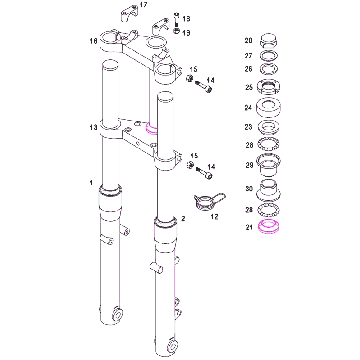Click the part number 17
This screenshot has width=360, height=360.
pyautogui.click(x=143, y=5)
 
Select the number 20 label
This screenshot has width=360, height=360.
pyautogui.click(x=248, y=41)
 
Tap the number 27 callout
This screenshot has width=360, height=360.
pyautogui.click(x=248, y=55)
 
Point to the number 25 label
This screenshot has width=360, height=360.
pyautogui.click(x=248, y=87)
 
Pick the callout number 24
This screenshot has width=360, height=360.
pyautogui.click(x=248, y=108)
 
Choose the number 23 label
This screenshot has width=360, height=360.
pyautogui.click(x=248, y=127)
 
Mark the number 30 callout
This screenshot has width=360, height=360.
pyautogui.click(x=248, y=189)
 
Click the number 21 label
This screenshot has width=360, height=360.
pyautogui.click(x=248, y=228)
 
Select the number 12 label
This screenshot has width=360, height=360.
pyautogui.click(x=214, y=217)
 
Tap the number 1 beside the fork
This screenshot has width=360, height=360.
pyautogui.click(x=91, y=183)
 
